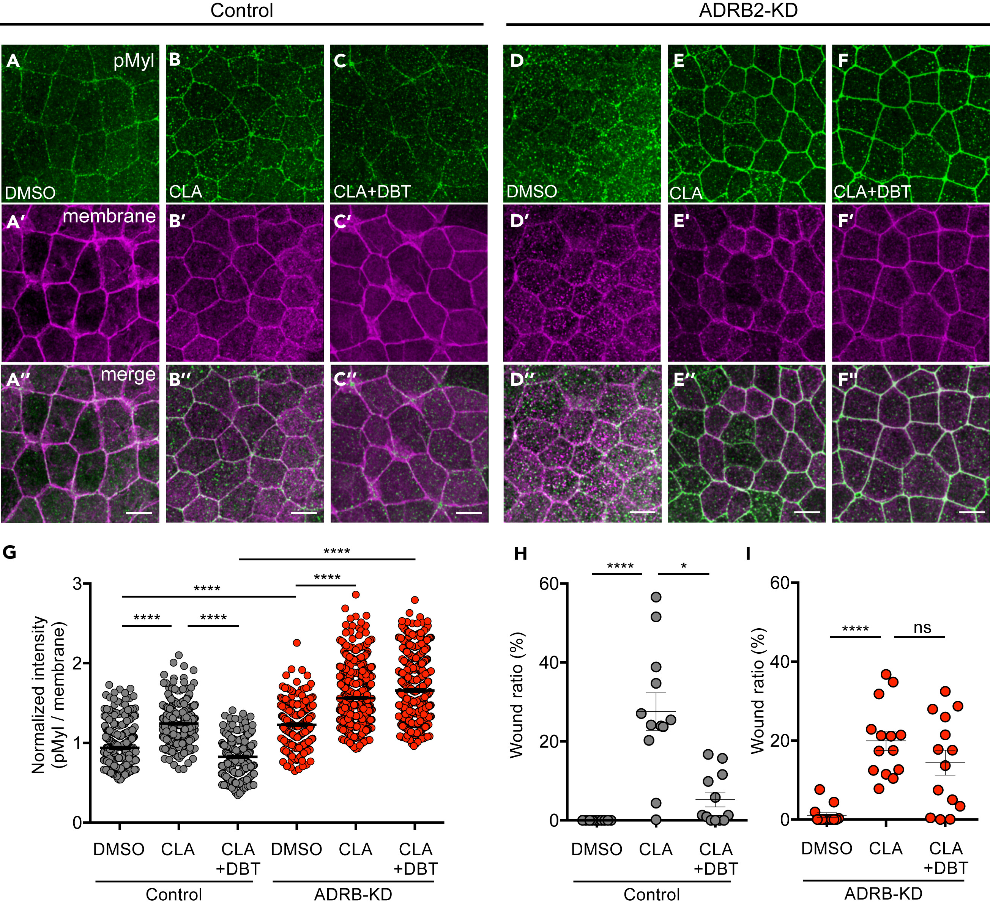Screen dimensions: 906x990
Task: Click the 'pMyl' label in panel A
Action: coord(134,61)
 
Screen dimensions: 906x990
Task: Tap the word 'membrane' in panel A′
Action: coord(109,216)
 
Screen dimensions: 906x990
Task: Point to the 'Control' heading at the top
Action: coord(241,11)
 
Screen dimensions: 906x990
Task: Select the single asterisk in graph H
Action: coord(684,566)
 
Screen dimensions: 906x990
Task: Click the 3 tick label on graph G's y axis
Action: coord(76,584)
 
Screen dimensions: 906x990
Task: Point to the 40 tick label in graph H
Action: coord(549,662)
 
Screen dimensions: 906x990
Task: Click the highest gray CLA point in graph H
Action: coord(656,597)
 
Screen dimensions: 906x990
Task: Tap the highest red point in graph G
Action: coord(356,595)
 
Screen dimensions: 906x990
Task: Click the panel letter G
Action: coord(9,553)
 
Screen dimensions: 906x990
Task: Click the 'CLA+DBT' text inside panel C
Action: coord(372,192)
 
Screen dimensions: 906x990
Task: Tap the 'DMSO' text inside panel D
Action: coord(531,192)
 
